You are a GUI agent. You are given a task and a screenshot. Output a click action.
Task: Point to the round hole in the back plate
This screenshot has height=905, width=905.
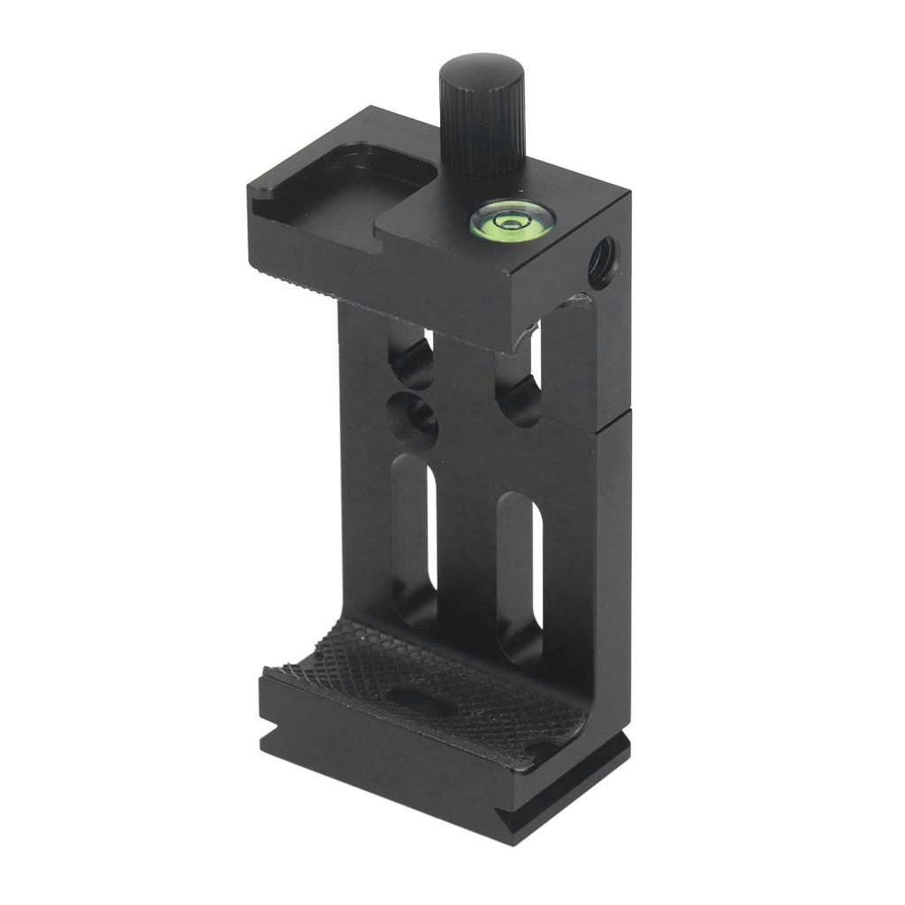(x=413, y=413)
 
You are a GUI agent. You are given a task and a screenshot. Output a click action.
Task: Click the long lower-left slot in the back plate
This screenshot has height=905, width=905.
(x=415, y=539)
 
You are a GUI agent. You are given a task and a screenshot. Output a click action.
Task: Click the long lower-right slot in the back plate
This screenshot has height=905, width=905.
(x=520, y=574)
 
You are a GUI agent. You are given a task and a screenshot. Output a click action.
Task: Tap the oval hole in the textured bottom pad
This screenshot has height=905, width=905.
(x=415, y=699)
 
